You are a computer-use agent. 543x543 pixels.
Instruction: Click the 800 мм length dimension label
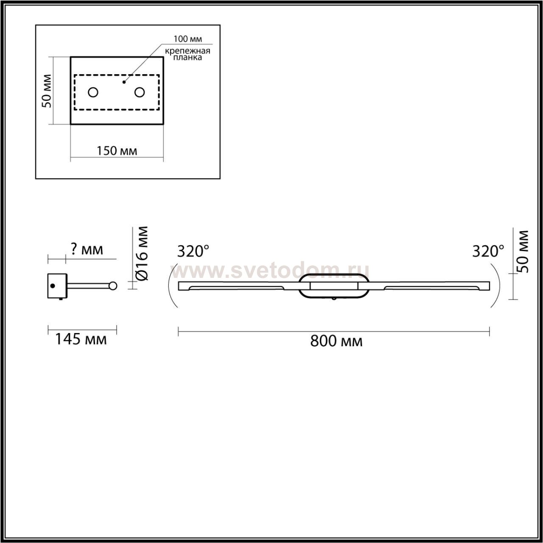tap(336, 341)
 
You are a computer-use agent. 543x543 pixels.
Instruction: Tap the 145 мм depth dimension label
tap(81, 339)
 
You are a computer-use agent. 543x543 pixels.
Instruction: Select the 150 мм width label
tap(117, 151)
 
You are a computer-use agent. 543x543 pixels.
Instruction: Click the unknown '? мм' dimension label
tap(87, 249)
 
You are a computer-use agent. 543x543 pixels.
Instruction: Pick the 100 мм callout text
tap(188, 39)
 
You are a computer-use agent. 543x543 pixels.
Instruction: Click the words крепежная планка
tap(188, 54)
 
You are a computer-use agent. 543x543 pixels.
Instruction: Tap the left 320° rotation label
tap(193, 252)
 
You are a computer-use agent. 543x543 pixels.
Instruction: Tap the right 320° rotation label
tap(488, 252)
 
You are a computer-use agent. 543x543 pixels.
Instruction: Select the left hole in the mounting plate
tap(93, 92)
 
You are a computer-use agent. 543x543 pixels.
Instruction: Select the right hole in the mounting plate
tap(140, 92)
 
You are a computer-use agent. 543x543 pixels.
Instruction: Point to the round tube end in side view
tap(112, 286)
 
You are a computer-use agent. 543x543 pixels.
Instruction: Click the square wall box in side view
tap(57, 286)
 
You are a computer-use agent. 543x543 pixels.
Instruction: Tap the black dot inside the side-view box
tap(53, 286)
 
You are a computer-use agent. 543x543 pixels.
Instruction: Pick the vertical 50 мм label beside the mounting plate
tap(47, 91)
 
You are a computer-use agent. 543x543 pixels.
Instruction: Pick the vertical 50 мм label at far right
tap(523, 252)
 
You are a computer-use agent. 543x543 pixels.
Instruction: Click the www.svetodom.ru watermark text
tap(270, 270)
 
